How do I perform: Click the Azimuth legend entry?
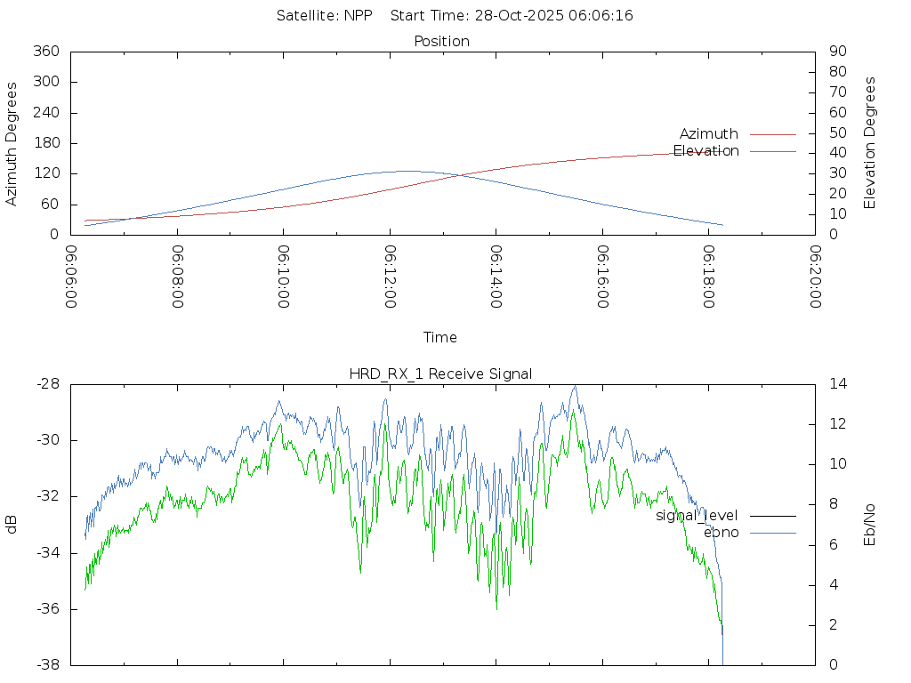point(709,134)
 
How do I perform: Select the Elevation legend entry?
point(706,151)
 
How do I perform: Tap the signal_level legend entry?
point(697,516)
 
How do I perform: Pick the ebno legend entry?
point(722,533)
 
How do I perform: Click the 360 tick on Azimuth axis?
point(44,52)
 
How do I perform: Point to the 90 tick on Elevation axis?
point(836,52)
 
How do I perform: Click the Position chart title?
point(442,41)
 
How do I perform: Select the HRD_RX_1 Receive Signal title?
point(440,374)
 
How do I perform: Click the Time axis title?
point(440,337)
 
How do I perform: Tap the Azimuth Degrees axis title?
point(12,143)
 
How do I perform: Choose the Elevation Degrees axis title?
point(870,143)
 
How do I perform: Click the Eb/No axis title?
point(870,525)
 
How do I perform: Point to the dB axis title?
point(12,525)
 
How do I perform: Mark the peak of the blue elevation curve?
point(407,171)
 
